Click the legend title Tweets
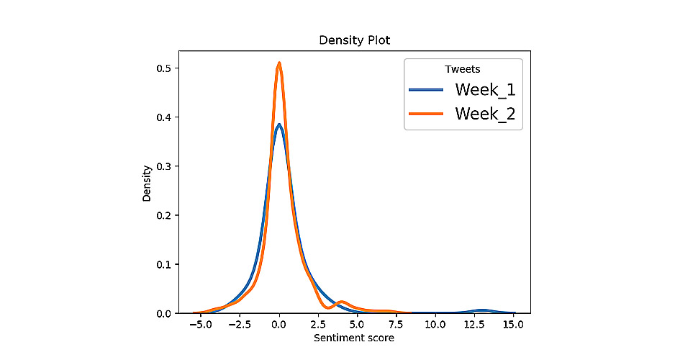(463, 68)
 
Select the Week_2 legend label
(485, 113)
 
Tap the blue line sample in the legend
(428, 90)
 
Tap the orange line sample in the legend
(428, 113)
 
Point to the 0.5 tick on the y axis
(163, 68)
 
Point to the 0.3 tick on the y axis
(163, 166)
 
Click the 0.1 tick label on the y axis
(163, 264)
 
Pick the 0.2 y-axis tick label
(163, 215)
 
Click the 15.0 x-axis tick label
(513, 324)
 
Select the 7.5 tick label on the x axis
(396, 324)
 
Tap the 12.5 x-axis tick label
(473, 324)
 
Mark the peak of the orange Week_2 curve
(278, 63)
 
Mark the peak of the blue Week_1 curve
(278, 125)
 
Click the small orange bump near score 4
(342, 302)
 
